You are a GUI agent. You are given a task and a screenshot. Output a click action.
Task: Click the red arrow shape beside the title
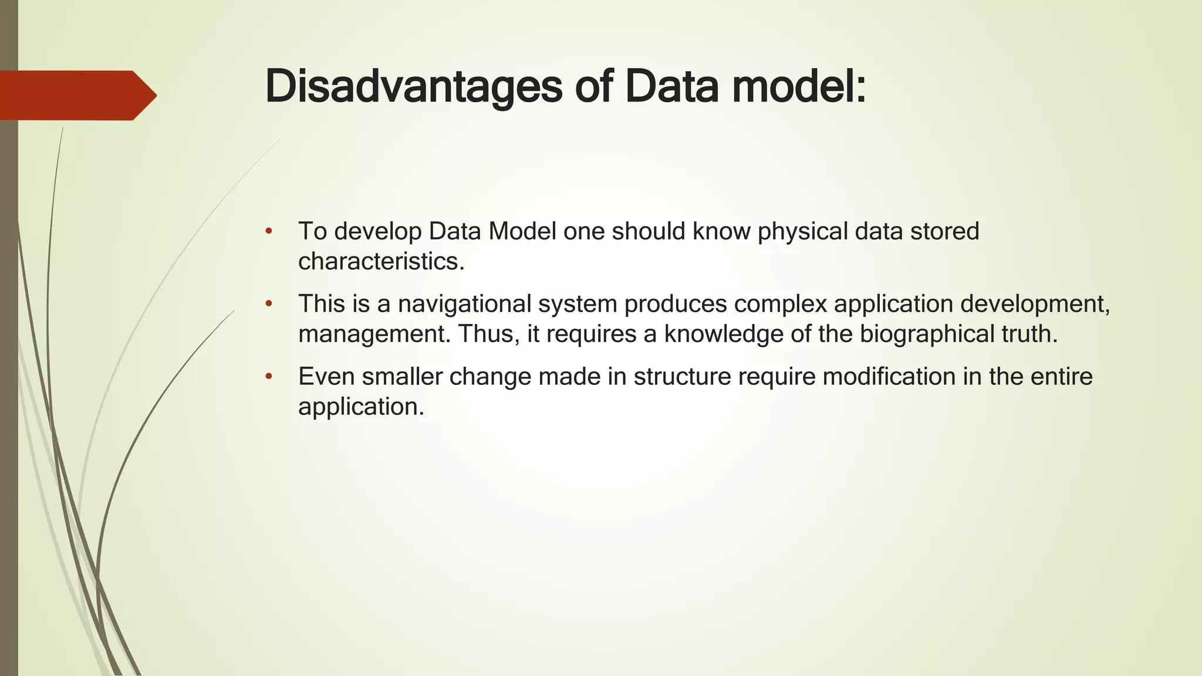pos(76,95)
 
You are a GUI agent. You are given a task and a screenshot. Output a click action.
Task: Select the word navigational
pos(464,305)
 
